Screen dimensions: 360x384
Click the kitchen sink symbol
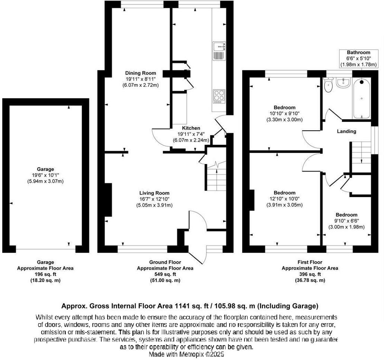click(219, 51)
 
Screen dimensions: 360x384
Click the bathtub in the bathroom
click(362, 99)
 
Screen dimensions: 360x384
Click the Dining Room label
click(141, 73)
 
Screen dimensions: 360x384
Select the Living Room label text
click(154, 193)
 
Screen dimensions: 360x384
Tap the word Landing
click(346, 131)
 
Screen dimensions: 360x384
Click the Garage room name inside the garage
click(45, 169)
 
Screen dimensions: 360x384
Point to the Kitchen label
click(191, 128)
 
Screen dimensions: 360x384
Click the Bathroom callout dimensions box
click(358, 59)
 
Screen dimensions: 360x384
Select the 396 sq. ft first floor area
click(310, 274)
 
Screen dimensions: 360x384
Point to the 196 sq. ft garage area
click(45, 274)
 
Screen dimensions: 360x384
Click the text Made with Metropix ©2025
click(186, 354)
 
